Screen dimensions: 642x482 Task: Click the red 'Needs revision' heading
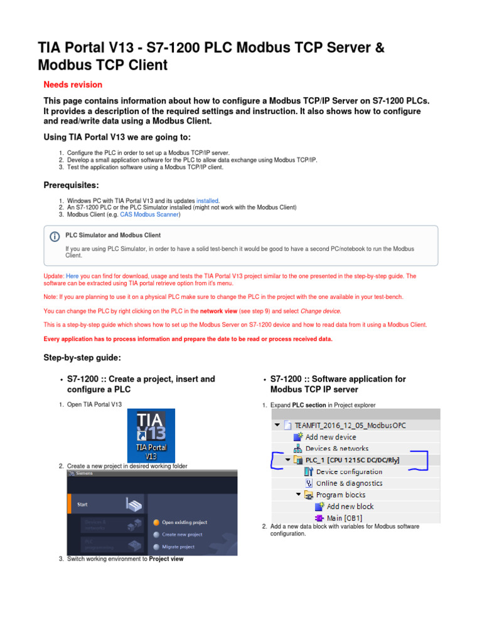[x=73, y=85]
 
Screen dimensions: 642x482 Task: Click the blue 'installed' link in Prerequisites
[x=208, y=201]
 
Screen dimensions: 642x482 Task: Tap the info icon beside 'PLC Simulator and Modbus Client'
[x=55, y=236]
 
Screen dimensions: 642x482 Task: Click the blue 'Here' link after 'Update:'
[x=72, y=276]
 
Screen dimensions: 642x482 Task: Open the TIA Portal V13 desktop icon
[x=151, y=436]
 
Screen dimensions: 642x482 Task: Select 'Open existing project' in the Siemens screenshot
[x=184, y=522]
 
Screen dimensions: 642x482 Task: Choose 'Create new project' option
[x=181, y=535]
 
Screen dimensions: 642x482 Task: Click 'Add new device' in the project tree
[x=331, y=437]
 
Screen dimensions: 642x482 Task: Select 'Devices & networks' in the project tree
[x=336, y=448]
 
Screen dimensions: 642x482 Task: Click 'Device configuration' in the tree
[x=349, y=471]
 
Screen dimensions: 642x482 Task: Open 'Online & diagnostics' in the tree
[x=349, y=483]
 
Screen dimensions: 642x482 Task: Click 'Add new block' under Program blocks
[x=350, y=506]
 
